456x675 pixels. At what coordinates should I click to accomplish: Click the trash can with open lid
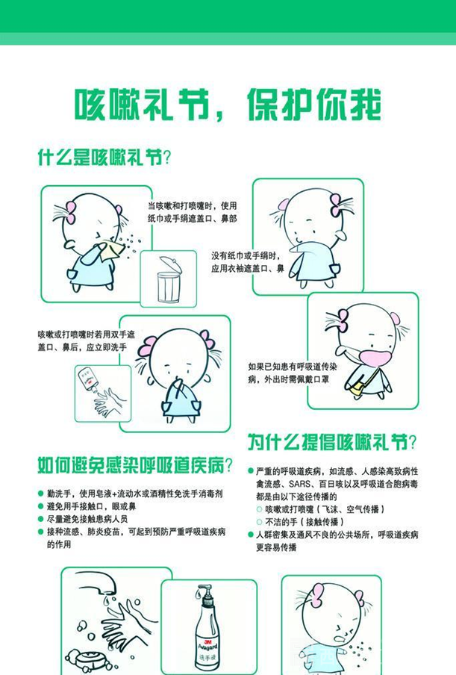tap(169, 279)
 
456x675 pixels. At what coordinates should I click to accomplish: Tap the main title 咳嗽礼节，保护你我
tap(228, 105)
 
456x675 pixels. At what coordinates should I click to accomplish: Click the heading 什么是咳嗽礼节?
tap(104, 157)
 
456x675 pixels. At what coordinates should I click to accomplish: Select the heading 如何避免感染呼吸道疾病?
tap(135, 465)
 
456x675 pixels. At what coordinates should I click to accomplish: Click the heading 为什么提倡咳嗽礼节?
tap(332, 442)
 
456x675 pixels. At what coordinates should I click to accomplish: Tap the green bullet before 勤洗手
tap(41, 494)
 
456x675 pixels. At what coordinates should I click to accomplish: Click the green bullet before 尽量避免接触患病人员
tap(41, 519)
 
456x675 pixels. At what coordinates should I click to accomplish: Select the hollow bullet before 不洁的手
tap(259, 522)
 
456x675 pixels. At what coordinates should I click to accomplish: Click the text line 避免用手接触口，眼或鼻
tap(91, 506)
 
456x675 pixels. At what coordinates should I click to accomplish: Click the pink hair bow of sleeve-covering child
tap(337, 205)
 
